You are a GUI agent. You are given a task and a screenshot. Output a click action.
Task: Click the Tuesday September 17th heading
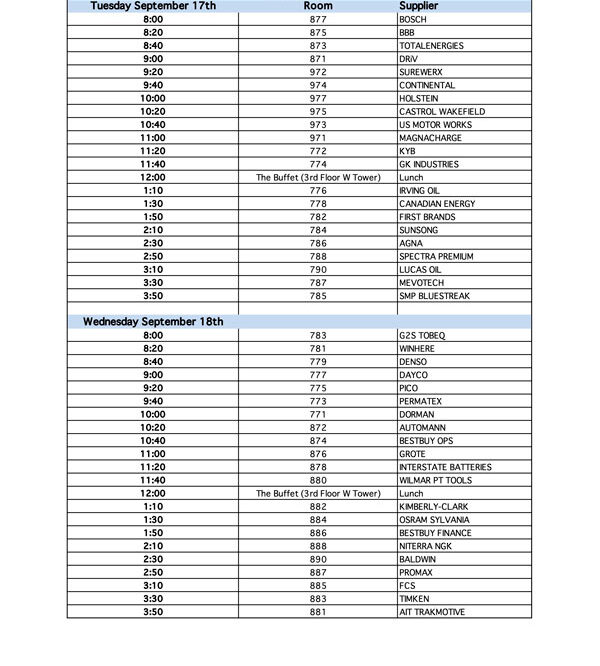click(x=153, y=6)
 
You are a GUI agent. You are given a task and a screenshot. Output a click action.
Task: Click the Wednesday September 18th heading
click(x=153, y=322)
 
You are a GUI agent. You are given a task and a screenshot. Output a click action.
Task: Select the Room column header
click(x=318, y=6)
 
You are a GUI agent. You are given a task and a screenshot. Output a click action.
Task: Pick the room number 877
click(x=318, y=20)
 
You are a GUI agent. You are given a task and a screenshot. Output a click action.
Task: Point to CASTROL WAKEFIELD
click(x=442, y=112)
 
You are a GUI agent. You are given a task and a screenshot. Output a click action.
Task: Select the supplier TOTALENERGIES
click(x=431, y=46)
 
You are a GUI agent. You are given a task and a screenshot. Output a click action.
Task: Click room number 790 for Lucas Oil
click(x=318, y=270)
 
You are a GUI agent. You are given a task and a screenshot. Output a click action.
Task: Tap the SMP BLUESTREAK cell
click(x=434, y=296)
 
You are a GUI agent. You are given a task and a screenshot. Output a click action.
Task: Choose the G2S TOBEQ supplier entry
click(x=422, y=335)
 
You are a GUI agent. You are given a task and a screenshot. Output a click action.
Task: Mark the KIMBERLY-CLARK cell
click(x=434, y=507)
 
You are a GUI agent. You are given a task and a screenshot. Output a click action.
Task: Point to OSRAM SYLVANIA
click(x=435, y=520)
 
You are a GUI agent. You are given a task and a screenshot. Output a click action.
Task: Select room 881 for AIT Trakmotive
click(x=318, y=612)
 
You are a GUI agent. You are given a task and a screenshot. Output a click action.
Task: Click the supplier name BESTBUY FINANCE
click(x=435, y=533)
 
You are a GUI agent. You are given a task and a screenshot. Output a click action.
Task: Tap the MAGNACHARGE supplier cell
click(x=428, y=138)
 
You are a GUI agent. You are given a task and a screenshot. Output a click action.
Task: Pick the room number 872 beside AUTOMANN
click(x=318, y=427)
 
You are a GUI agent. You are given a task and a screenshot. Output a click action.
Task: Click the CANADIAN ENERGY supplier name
click(x=437, y=204)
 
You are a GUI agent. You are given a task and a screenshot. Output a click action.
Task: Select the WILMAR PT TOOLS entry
click(x=435, y=480)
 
